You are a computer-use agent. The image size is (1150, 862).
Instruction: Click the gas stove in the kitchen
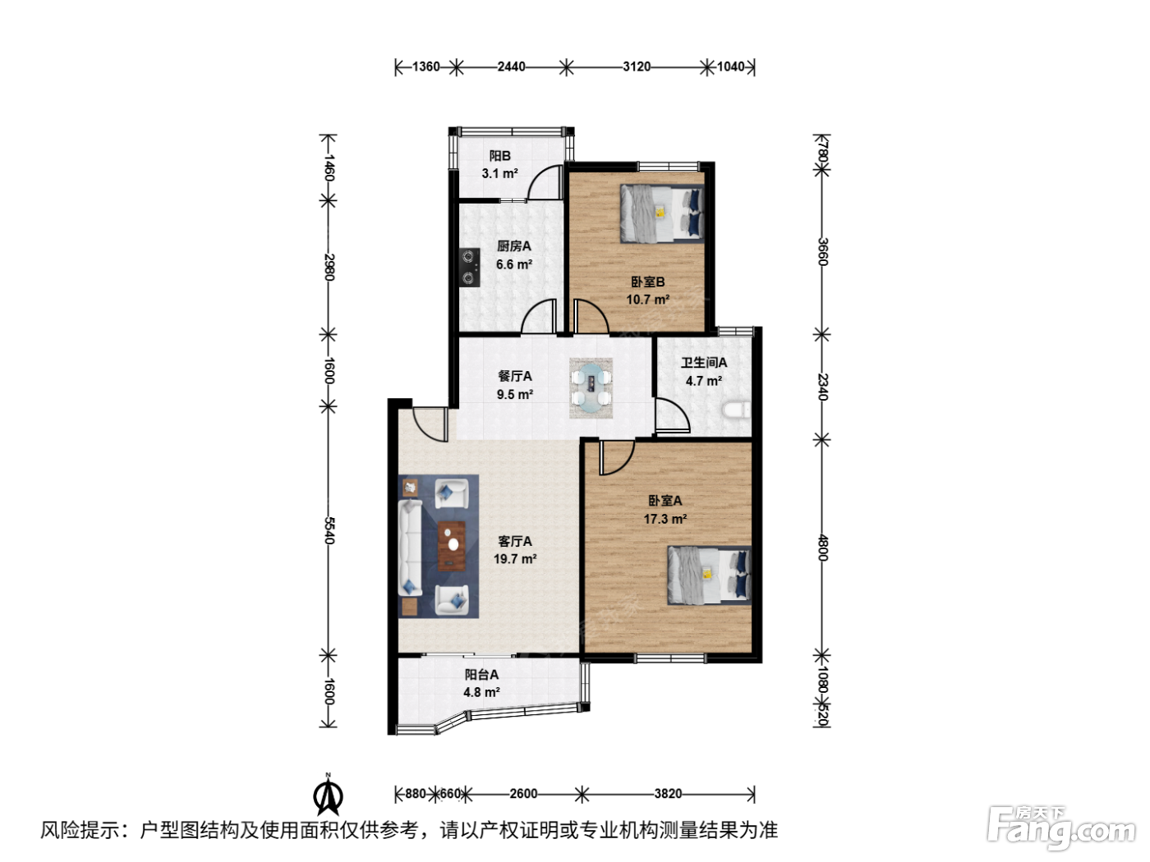tap(469, 268)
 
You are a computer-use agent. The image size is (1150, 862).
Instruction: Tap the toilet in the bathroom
tap(736, 410)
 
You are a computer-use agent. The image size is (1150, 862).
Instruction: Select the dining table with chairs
tap(591, 387)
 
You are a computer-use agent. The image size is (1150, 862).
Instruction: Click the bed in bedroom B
tap(661, 213)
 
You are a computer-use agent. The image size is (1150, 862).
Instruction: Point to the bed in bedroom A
tap(709, 575)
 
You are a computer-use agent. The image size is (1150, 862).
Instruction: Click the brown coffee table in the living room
tap(452, 546)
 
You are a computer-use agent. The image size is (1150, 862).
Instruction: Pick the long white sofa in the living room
tap(410, 548)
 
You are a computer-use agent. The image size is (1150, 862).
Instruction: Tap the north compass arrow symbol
tap(328, 794)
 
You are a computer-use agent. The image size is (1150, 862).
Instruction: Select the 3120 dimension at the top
tap(637, 66)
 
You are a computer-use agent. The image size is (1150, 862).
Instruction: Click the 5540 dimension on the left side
tap(329, 530)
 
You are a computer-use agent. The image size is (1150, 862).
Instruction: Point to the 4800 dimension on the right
tap(822, 548)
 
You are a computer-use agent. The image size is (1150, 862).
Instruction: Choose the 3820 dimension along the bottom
tap(668, 793)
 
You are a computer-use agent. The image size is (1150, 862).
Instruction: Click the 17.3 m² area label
tap(665, 519)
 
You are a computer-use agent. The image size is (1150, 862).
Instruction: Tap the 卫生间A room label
tap(704, 362)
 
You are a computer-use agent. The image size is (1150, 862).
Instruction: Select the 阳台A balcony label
tap(481, 675)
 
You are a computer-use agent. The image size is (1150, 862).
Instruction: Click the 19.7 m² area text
tap(515, 558)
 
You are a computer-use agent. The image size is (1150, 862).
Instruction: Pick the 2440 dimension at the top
tap(512, 66)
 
